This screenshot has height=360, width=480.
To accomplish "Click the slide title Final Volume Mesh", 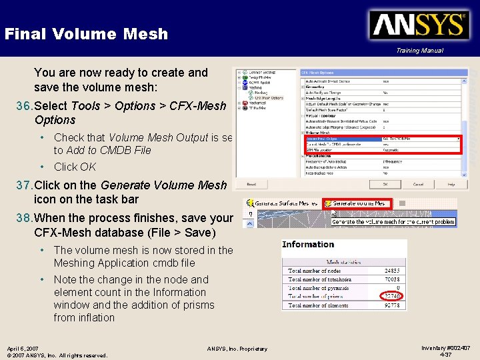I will [86, 34].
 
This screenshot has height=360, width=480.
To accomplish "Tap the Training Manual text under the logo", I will [419, 51].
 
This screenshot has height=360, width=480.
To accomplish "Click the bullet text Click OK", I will [75, 167].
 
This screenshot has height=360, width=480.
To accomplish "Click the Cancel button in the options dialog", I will [418, 184].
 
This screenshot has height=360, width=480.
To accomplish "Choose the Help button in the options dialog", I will [451, 184].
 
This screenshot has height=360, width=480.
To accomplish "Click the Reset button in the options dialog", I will [251, 184].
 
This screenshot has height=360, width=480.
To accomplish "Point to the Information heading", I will [308, 244].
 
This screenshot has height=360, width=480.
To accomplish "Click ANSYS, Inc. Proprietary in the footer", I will [237, 349].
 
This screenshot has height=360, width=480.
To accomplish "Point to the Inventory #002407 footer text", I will [446, 348].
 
